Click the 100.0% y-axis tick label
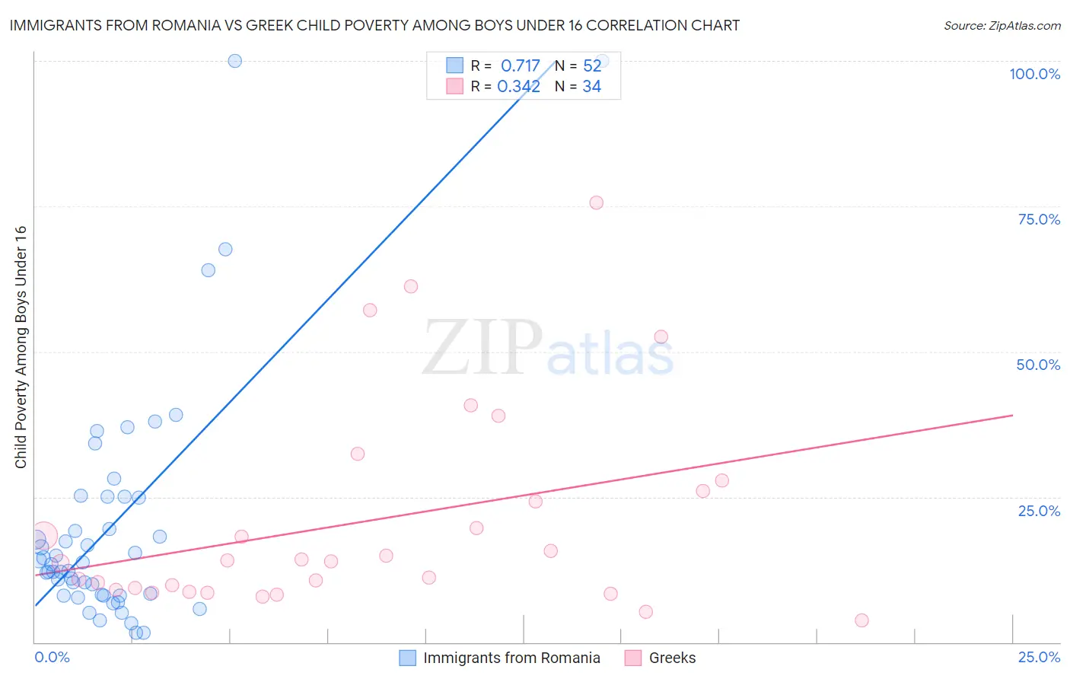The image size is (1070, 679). pyautogui.click(x=1034, y=74)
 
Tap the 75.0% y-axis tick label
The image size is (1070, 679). pyautogui.click(x=1039, y=219)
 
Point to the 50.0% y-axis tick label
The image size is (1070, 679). pyautogui.click(x=1038, y=365)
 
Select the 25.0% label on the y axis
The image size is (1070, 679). pyautogui.click(x=1039, y=511)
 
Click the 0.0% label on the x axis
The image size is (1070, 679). pyautogui.click(x=52, y=657)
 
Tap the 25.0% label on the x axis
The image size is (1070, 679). pyautogui.click(x=1039, y=657)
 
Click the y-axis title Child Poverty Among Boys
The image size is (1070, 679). pyautogui.click(x=21, y=347)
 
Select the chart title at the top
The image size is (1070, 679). pyautogui.click(x=374, y=26)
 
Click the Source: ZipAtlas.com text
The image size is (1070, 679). pyautogui.click(x=1002, y=26)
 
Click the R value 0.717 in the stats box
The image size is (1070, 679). pyautogui.click(x=521, y=66)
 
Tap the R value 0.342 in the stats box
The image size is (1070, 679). pyautogui.click(x=518, y=87)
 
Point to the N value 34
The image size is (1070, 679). pyautogui.click(x=591, y=87)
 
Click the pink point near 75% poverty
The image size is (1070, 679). pyautogui.click(x=596, y=202)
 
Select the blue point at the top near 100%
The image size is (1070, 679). pyautogui.click(x=235, y=61)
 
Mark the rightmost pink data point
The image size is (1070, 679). pyautogui.click(x=861, y=620)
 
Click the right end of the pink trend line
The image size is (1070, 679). pyautogui.click(x=1012, y=415)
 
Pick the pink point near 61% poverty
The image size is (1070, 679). pyautogui.click(x=411, y=286)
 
